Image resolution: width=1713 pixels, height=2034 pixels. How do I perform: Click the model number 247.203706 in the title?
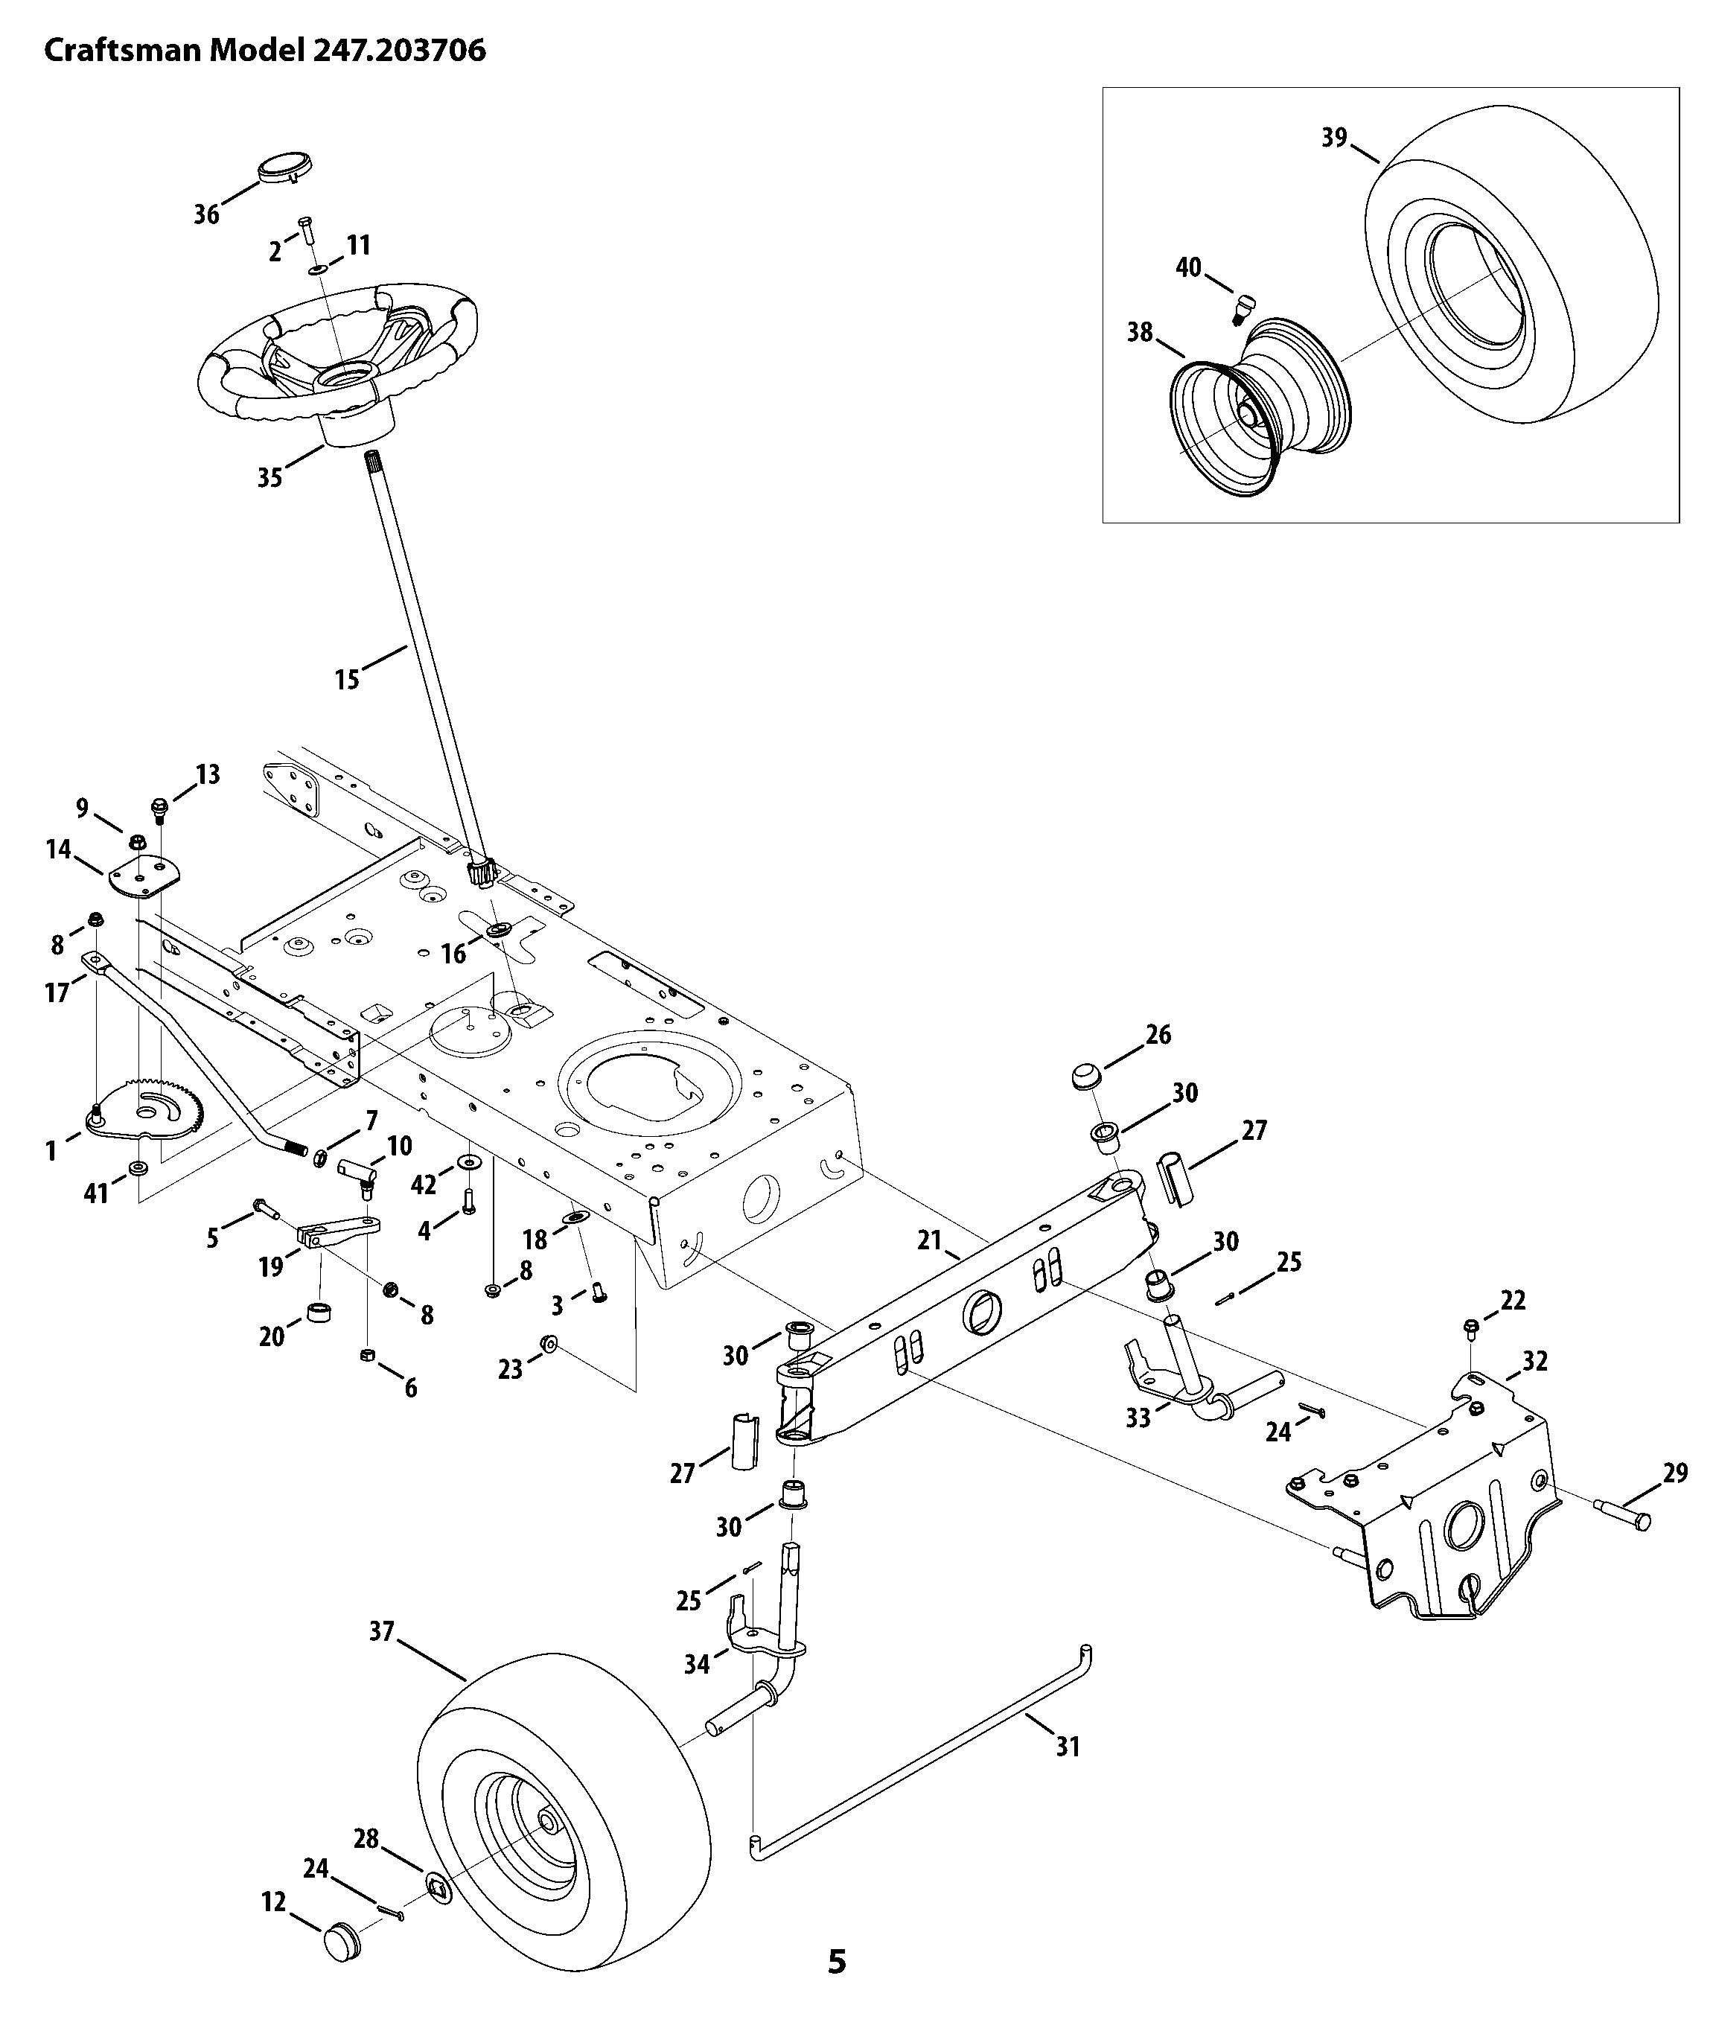point(398,51)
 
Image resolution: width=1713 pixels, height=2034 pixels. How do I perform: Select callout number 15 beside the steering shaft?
point(347,679)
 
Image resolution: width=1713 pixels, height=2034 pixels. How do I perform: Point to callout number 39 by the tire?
point(1334,138)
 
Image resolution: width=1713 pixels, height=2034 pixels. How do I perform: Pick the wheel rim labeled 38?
point(1260,406)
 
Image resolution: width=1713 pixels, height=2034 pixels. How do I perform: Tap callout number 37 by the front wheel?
point(382,1631)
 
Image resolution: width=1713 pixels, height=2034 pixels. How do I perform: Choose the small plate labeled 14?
point(144,877)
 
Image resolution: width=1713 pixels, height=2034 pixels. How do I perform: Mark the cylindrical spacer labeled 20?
point(320,1313)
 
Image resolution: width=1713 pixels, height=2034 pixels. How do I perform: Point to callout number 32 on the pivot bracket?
point(1534,1360)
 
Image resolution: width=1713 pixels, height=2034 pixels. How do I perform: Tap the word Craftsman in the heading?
point(124,51)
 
